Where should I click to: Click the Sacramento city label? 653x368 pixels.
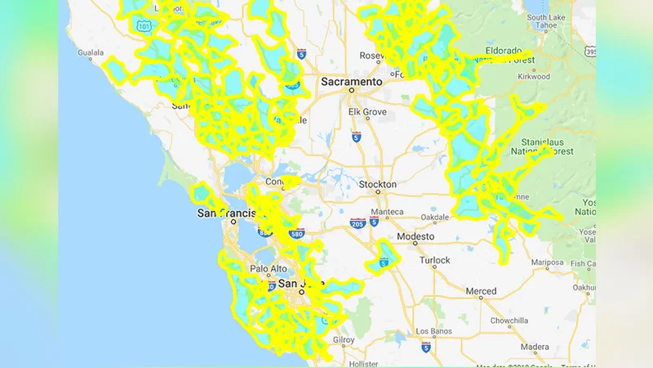point(351,83)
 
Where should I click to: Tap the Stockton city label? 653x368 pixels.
point(378,185)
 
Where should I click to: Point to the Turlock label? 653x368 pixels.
point(434,260)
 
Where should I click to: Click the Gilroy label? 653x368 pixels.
point(344,339)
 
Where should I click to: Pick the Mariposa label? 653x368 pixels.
point(547,263)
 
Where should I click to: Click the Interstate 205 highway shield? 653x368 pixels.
point(356,222)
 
